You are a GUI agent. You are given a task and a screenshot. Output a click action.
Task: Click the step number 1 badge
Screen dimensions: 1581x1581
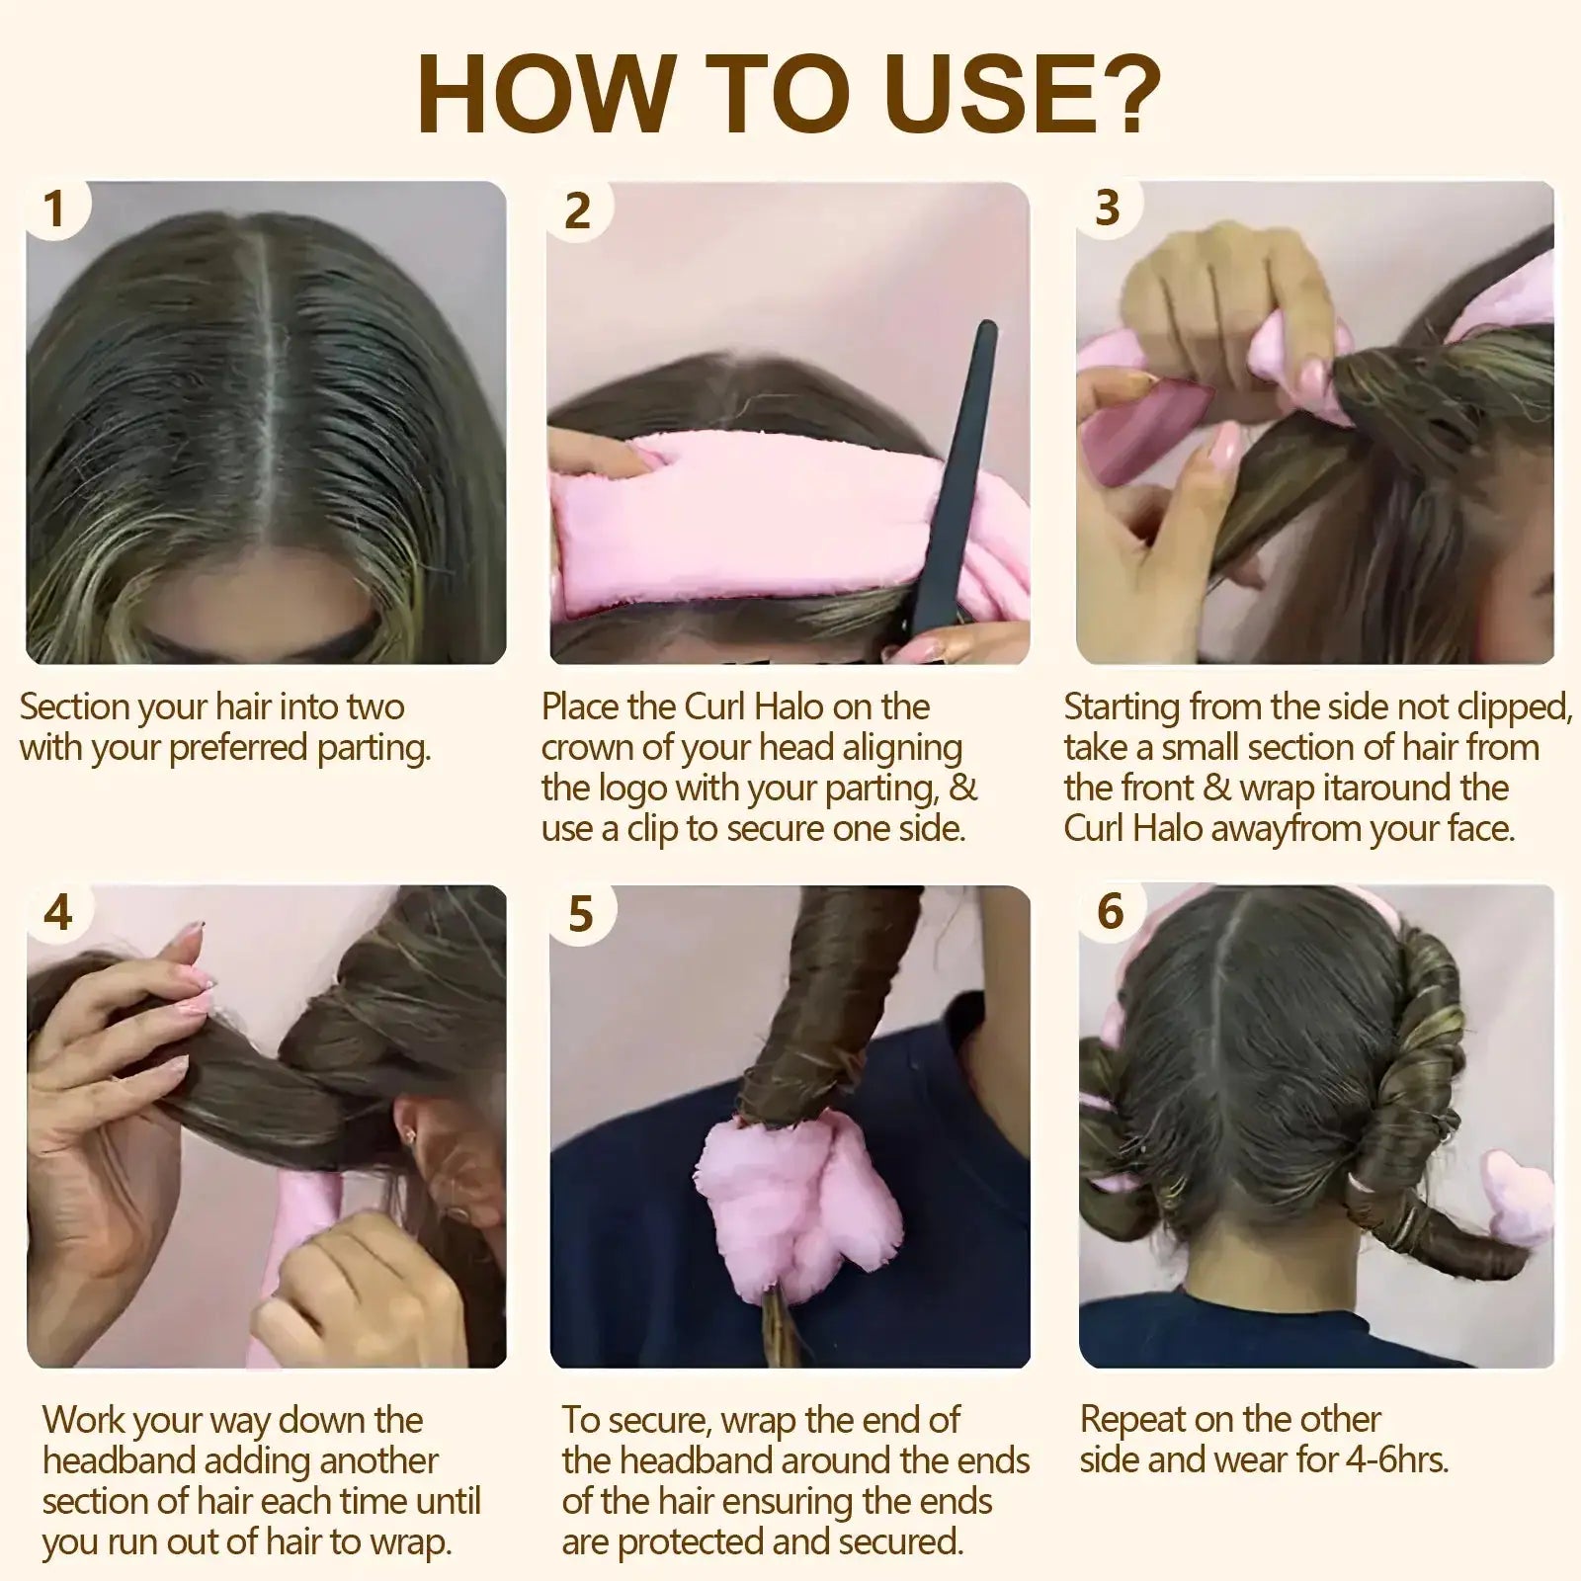pyautogui.click(x=55, y=209)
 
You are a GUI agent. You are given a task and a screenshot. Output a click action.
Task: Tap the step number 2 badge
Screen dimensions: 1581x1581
pyautogui.click(x=577, y=211)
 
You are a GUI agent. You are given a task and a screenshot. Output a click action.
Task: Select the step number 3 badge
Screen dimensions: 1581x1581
pyautogui.click(x=1108, y=208)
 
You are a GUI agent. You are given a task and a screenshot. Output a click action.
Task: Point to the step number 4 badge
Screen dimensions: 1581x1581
pyautogui.click(x=58, y=911)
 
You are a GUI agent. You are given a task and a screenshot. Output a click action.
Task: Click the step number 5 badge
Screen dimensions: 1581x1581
pyautogui.click(x=581, y=914)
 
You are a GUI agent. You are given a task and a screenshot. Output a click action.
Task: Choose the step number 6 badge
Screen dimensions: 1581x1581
pyautogui.click(x=1111, y=911)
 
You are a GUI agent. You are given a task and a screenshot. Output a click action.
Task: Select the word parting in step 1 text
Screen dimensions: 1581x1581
pyautogui.click(x=373, y=748)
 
